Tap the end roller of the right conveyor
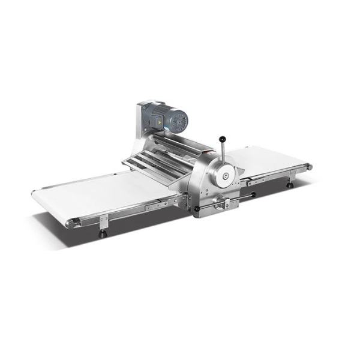point(310,166)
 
